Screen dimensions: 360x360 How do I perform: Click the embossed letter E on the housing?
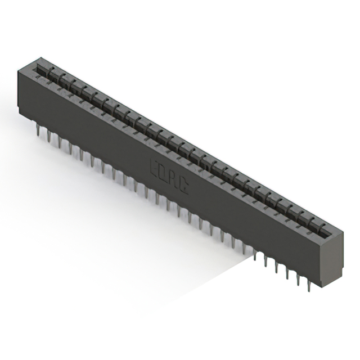pyautogui.click(x=155, y=166)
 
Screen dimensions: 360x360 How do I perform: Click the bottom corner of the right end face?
pyautogui.click(x=322, y=287)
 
